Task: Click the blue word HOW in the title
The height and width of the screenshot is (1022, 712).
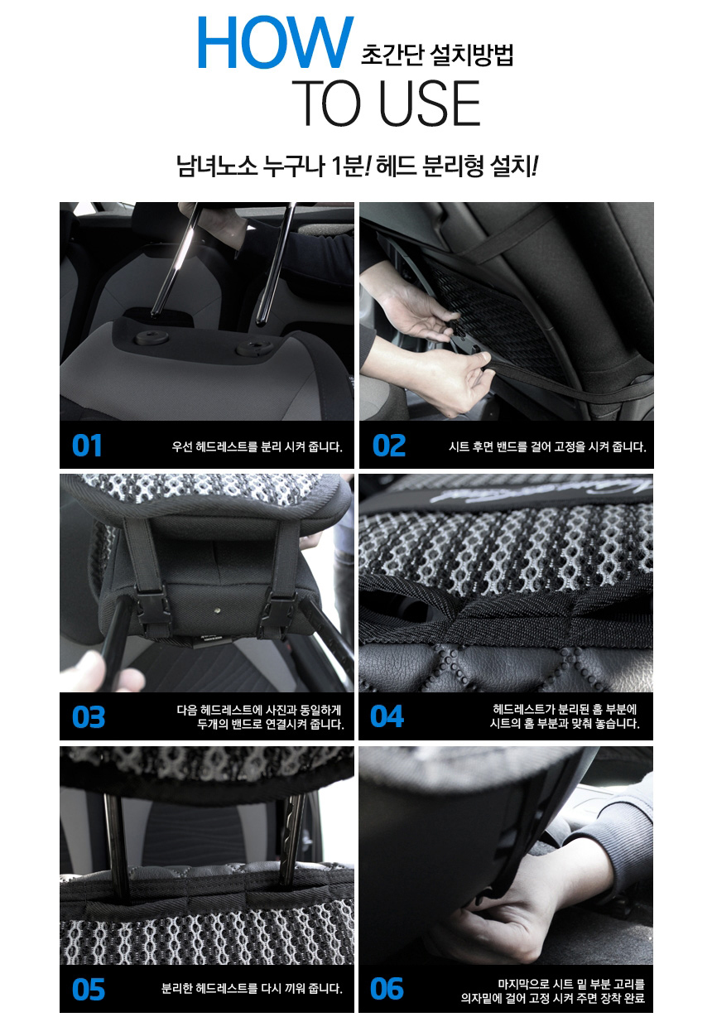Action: pos(276,42)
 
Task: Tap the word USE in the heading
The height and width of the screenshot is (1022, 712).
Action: pos(429,103)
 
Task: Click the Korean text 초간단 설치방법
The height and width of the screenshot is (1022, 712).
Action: pos(436,55)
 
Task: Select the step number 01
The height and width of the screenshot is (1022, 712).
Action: pos(87,446)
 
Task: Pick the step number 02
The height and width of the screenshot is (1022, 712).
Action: pos(388,446)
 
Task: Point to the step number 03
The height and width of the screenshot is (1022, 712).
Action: pos(89,716)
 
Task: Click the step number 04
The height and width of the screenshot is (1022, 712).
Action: pos(387,716)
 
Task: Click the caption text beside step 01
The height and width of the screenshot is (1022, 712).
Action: pos(257,446)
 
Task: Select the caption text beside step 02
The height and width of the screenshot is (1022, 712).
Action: pos(547,446)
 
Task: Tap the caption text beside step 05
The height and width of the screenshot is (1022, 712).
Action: pos(252,988)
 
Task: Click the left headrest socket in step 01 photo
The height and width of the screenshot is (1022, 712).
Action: pos(151,338)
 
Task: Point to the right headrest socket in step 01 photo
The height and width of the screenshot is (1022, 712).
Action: pos(256,348)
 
